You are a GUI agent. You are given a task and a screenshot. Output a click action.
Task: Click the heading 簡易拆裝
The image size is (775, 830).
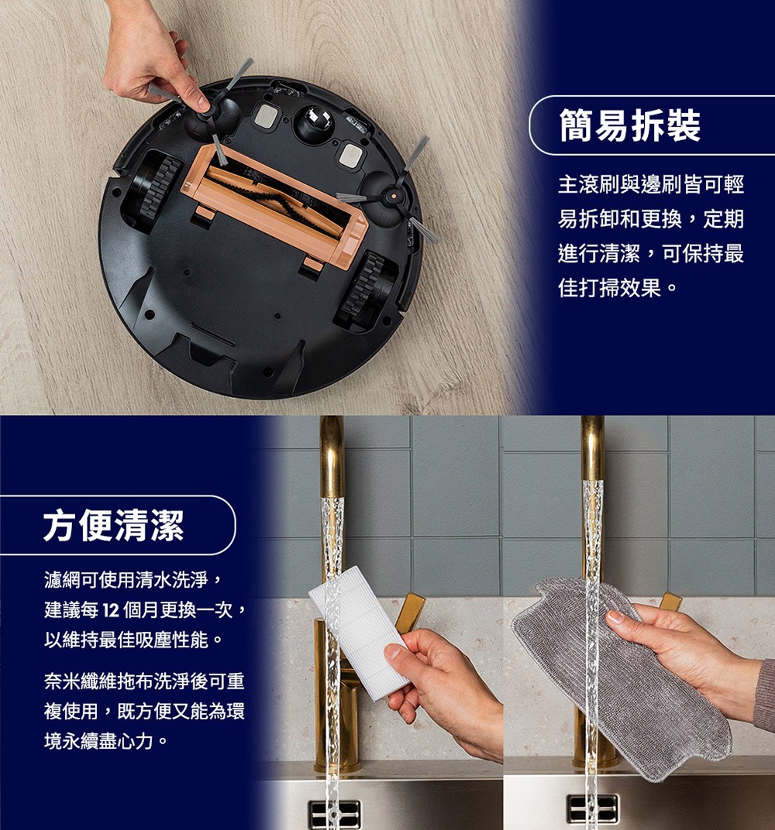coord(629,125)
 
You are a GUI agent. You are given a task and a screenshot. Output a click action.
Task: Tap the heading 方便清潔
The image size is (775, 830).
coord(113,526)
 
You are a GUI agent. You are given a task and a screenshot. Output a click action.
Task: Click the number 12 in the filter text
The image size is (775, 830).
coord(108,610)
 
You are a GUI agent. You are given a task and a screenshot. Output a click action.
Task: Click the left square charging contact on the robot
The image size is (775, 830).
coord(265,116)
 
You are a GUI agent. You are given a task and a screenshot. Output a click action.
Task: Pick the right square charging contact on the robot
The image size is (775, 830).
coord(351,155)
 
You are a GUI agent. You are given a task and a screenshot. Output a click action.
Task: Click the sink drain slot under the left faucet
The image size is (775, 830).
coord(335,812)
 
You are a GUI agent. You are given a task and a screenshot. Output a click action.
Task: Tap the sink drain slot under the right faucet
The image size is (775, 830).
coord(592,808)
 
